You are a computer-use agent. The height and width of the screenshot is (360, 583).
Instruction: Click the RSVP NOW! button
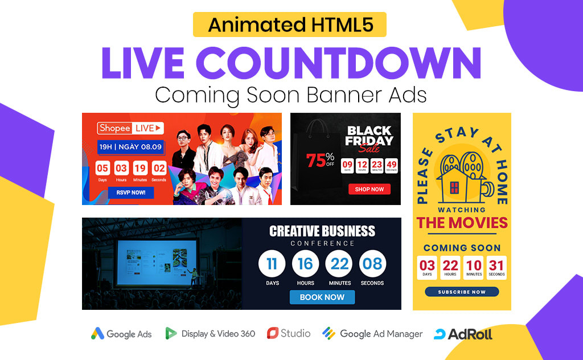coord(131,193)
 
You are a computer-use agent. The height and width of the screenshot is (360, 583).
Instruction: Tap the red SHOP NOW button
coord(369,189)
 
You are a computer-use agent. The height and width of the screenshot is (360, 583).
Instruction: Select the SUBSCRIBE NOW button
coord(462,292)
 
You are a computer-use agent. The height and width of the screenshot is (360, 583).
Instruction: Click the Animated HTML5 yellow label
coord(290,24)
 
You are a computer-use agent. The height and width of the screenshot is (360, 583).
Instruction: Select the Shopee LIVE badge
coord(130,128)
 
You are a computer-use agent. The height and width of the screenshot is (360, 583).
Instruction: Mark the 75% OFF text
coord(320,159)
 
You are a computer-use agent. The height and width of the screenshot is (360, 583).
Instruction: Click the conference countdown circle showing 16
coord(305,264)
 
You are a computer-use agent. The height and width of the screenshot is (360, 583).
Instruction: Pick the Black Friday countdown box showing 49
coord(392,166)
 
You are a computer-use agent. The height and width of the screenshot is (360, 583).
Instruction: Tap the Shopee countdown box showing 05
coord(102,169)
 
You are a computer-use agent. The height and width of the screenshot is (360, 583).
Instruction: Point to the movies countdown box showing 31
coord(496,268)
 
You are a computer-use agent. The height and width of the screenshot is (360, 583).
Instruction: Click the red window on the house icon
coord(454,187)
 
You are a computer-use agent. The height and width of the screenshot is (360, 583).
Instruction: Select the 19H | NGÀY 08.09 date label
coord(130,147)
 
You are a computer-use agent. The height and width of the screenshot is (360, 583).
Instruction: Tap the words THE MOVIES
coord(462,223)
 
